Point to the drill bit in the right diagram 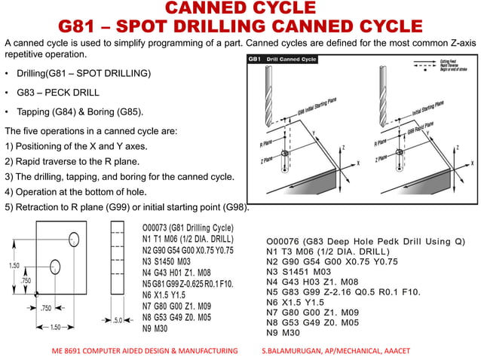coord(388,94)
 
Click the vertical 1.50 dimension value coord(13,266)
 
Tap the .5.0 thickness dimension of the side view coord(118,320)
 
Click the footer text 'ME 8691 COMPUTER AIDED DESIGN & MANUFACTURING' coord(144,352)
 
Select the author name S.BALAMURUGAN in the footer coord(295,352)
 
